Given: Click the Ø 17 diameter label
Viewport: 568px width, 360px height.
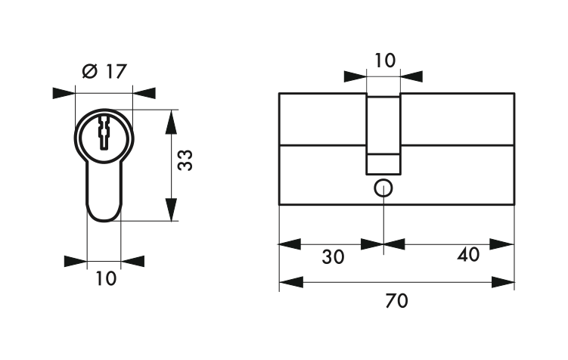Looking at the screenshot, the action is pos(104,71).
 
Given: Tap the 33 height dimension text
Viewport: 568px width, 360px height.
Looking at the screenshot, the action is pos(185,160).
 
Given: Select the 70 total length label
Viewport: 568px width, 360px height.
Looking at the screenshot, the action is pos(396,300).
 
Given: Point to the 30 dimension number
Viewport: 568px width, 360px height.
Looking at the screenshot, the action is pos(333,257).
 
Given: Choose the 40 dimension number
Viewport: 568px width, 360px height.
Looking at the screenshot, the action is pos(468,254).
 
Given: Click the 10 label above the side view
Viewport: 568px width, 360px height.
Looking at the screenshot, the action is pos(385,61).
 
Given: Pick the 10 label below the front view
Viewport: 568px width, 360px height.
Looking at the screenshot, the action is pos(106,278).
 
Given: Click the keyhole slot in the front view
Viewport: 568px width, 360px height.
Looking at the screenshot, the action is pos(104,132).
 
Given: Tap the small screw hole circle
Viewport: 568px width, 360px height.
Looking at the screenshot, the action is pos(383,188).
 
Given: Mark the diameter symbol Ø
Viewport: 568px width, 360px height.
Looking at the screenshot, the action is pos(90,71).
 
